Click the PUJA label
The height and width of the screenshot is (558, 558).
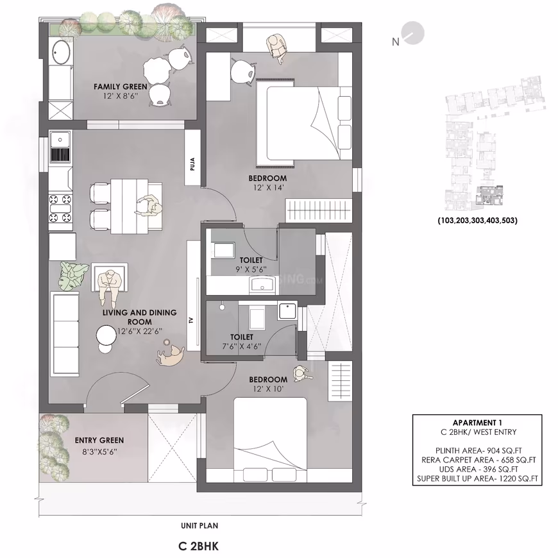tap(192, 164)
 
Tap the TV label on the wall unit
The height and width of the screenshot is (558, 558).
tap(192, 320)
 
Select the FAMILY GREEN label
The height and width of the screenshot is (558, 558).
tap(121, 87)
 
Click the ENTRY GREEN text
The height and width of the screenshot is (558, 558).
tap(99, 440)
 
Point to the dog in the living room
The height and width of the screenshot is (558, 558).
tap(171, 354)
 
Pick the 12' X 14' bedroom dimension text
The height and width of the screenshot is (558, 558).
tap(267, 187)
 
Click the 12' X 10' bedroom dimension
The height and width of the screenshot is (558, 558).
tap(268, 389)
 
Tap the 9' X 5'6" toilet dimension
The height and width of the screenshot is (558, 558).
tap(251, 269)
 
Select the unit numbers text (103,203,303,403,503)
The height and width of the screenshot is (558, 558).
tap(478, 220)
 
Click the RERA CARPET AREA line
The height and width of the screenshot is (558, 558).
tap(478, 460)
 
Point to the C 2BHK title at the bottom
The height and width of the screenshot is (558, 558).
tap(199, 546)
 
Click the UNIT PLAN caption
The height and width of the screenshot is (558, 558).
tap(199, 526)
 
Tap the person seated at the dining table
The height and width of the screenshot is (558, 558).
tap(147, 205)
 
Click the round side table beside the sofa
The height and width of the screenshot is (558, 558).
tap(106, 335)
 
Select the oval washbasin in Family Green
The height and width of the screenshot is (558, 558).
tap(61, 53)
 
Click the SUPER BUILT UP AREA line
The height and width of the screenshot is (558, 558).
tap(478, 478)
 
